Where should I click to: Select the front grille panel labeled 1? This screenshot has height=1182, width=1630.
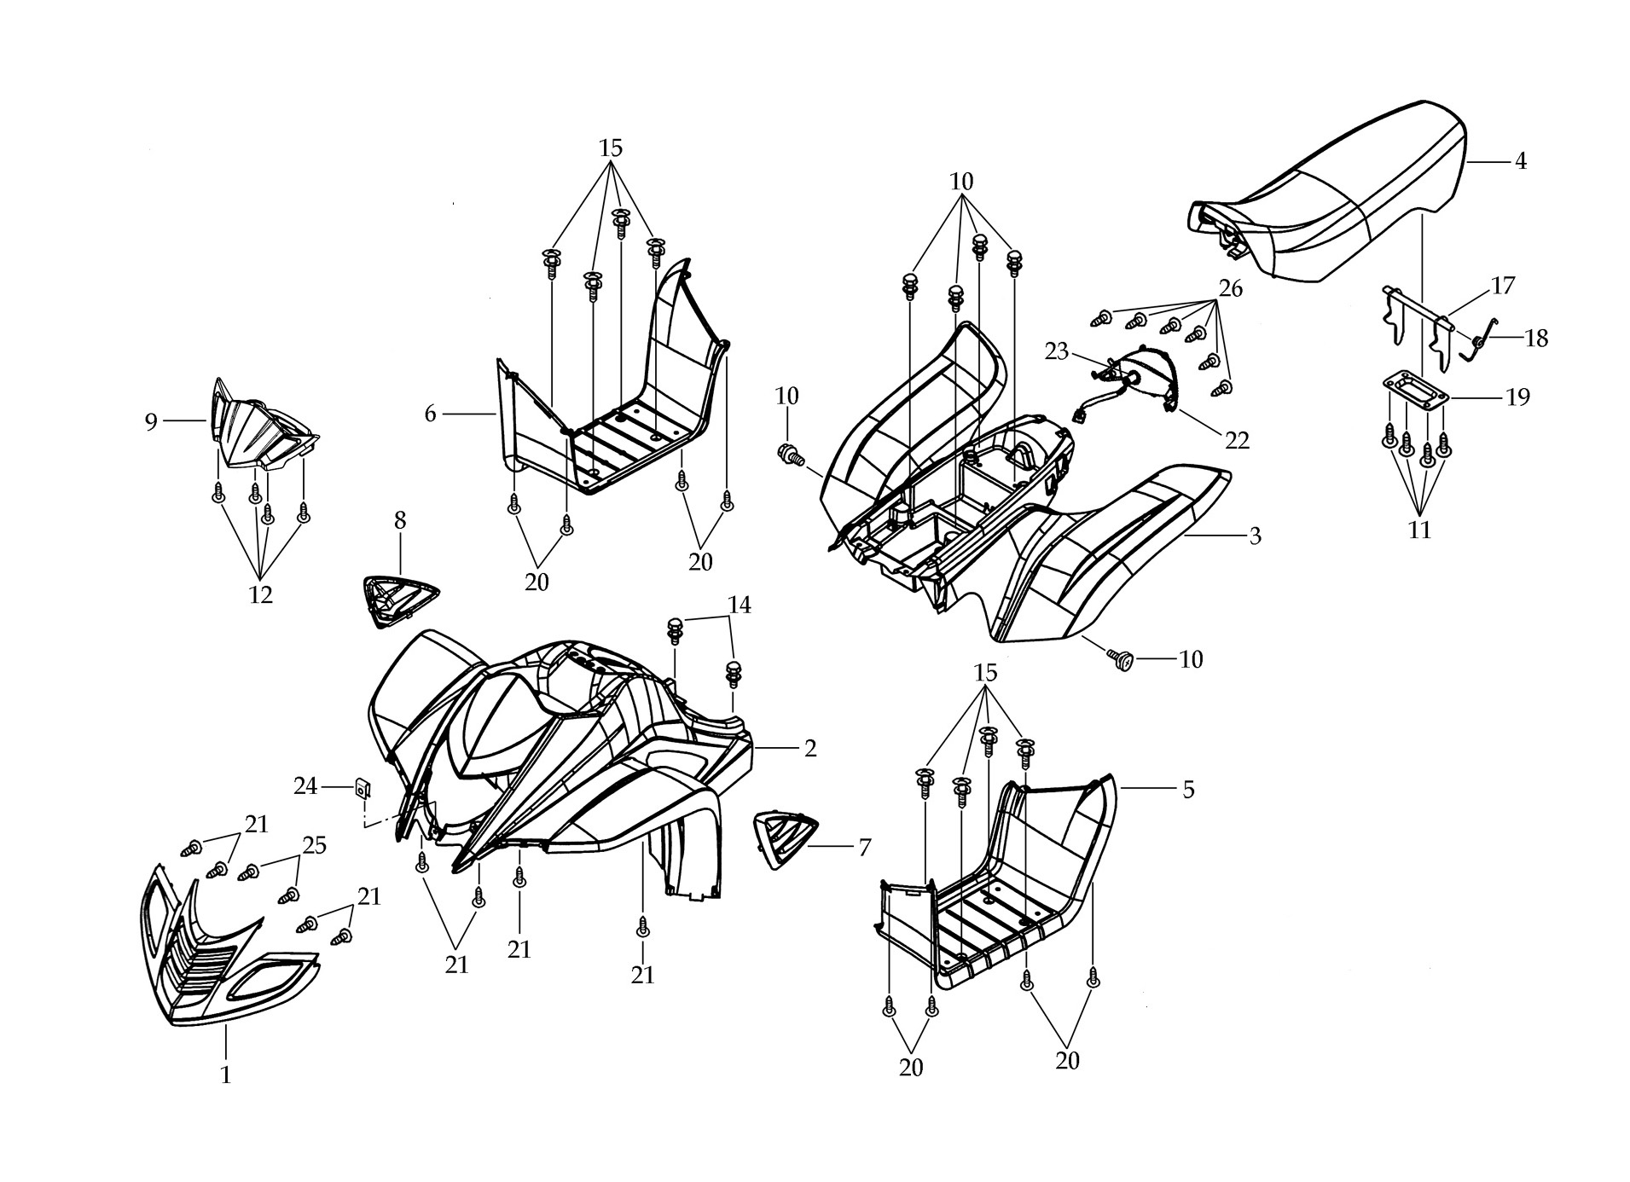click(223, 947)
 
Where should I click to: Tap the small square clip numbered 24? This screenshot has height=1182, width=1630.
click(363, 785)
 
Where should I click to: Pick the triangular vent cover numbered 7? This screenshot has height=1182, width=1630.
click(785, 840)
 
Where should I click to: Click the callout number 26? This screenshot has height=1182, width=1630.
click(1230, 288)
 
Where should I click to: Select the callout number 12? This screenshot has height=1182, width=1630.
click(260, 594)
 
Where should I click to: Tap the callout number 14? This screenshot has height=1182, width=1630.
click(740, 605)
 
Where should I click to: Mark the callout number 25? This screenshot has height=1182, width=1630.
click(315, 845)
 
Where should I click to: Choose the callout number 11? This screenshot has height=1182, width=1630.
click(1419, 530)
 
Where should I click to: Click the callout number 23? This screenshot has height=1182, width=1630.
click(1057, 351)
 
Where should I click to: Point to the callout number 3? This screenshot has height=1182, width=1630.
click(1255, 536)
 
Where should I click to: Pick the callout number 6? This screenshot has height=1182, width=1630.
click(430, 414)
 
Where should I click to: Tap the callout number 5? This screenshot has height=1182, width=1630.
click(1188, 790)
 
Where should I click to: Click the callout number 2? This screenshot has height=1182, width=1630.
click(810, 748)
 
